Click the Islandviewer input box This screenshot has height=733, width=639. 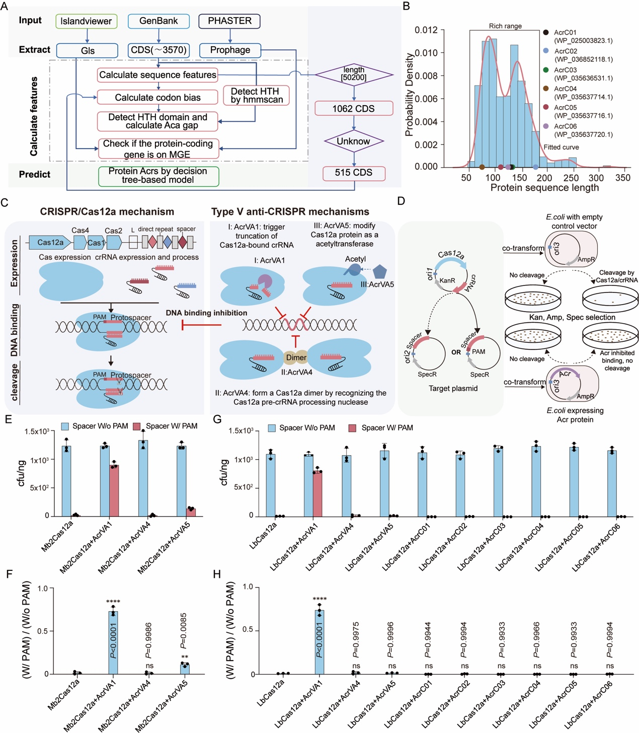86,21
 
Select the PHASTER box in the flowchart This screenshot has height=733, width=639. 229,21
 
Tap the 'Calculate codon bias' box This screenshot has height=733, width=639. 157,97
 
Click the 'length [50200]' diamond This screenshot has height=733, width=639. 354,75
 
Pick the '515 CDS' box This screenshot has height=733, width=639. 354,173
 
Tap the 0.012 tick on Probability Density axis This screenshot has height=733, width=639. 426,30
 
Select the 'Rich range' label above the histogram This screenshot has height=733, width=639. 505,26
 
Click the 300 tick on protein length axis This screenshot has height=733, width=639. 596,178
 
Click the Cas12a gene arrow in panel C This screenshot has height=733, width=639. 50,243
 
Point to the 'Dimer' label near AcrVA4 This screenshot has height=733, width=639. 296,357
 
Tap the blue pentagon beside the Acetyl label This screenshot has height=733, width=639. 379,272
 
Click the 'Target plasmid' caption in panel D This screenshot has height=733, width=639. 453,388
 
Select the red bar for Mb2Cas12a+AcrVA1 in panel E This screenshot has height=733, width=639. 114,490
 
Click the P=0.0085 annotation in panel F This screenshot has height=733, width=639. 184,631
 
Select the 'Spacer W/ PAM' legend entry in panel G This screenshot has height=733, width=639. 381,428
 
